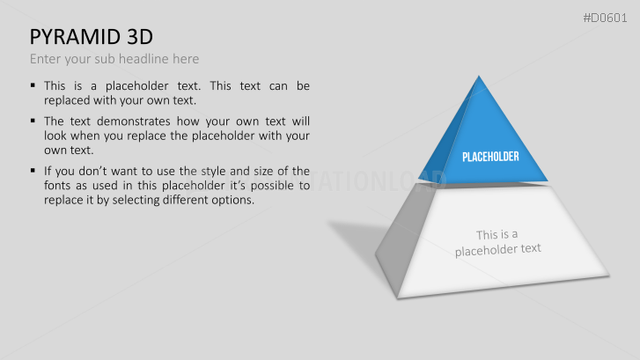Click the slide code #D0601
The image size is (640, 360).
point(607,18)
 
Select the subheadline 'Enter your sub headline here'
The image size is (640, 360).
point(114,59)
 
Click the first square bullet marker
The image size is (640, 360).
point(33,85)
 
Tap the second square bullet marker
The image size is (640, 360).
point(33,121)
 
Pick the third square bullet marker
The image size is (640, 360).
point(33,170)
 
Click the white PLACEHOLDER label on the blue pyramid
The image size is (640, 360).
point(490,157)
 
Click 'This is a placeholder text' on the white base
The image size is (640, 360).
point(497,242)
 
